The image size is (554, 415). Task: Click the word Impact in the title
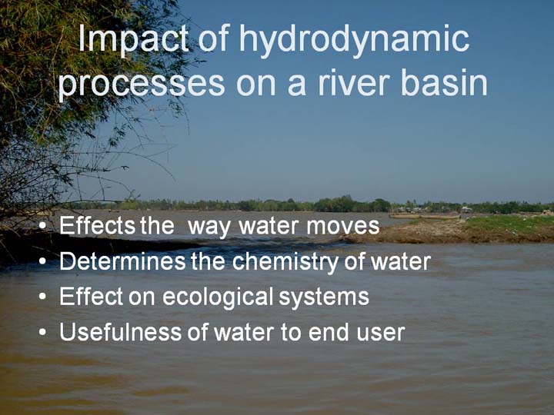coord(133,39)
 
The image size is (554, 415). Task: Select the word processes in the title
coord(142,85)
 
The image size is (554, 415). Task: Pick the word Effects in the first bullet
coord(97,225)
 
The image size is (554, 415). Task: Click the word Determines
coord(122,261)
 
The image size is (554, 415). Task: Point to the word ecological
coord(218,297)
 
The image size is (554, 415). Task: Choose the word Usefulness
coord(121,332)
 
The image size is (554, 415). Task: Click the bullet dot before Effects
coord(43,226)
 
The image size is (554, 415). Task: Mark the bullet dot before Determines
coord(43,261)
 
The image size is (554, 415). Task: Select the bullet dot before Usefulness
coord(43,332)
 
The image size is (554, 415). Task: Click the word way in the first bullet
coord(209,227)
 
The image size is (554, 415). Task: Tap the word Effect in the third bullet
coord(91,296)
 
